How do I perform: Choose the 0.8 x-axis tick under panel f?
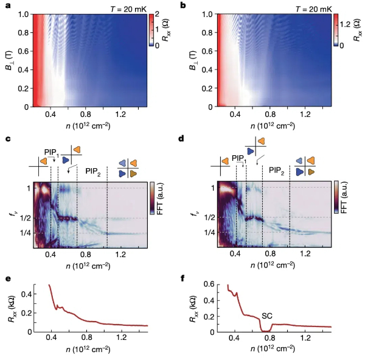click(x=269, y=339)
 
